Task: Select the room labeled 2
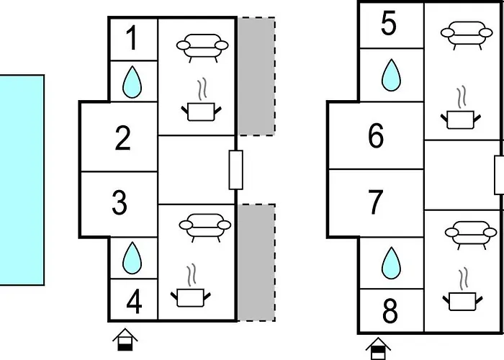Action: click(x=123, y=138)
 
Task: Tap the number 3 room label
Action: click(x=120, y=203)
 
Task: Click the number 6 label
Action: click(x=376, y=135)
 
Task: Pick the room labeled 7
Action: click(x=376, y=202)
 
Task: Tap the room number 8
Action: click(x=390, y=312)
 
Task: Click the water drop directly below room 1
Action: click(x=132, y=81)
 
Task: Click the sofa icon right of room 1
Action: click(x=202, y=45)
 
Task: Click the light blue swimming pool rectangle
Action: click(x=22, y=180)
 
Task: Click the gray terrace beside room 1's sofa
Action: click(x=256, y=76)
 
